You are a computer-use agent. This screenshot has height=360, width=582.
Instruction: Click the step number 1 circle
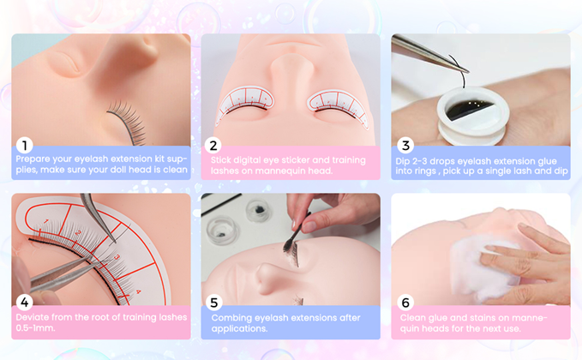[25, 146]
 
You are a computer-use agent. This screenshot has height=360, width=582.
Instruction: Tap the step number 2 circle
[213, 146]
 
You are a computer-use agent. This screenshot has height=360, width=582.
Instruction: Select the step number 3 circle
[405, 146]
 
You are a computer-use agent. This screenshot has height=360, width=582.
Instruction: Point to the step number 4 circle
[25, 303]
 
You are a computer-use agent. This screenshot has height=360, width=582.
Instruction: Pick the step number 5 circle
[214, 303]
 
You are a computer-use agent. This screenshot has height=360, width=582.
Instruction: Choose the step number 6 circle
[405, 303]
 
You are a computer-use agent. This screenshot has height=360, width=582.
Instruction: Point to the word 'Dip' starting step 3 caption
[402, 161]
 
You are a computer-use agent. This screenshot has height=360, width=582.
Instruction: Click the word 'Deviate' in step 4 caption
[33, 317]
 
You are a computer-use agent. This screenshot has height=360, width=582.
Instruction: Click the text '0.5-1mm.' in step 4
[35, 328]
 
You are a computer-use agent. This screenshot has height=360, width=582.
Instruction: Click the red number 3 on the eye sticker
[117, 257]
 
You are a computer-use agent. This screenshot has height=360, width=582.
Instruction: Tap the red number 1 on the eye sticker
[46, 221]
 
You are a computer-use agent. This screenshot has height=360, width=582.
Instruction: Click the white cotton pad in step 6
[479, 268]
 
